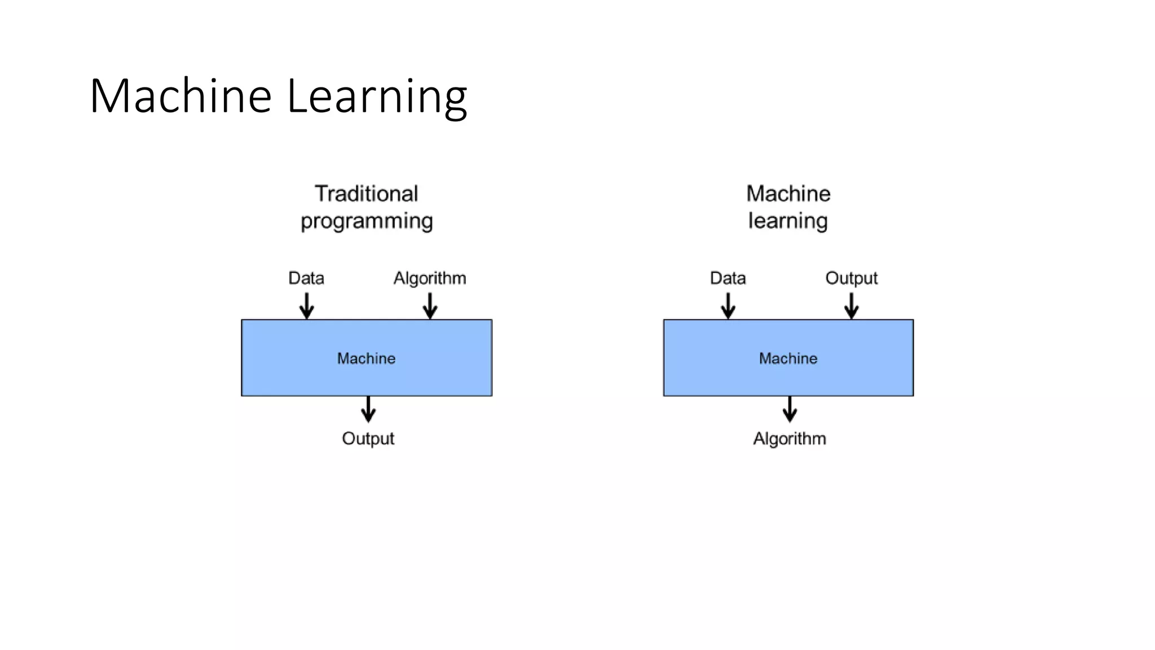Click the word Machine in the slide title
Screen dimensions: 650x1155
[180, 96]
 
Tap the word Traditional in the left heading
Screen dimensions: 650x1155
[367, 194]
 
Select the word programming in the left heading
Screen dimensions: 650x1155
[367, 221]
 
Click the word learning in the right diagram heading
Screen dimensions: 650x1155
[788, 221]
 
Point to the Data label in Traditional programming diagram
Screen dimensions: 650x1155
[306, 278]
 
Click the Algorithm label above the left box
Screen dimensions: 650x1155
[430, 278]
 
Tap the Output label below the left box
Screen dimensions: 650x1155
[368, 438]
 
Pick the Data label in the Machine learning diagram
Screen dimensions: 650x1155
[728, 278]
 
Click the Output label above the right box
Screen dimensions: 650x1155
[851, 278]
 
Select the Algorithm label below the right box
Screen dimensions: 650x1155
[790, 438]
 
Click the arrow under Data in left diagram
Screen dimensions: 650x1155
[307, 306]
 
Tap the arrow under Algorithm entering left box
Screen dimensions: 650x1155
[430, 306]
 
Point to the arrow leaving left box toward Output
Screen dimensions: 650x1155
[368, 410]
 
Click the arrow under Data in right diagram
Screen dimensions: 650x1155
[728, 306]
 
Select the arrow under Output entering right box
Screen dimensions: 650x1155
[852, 306]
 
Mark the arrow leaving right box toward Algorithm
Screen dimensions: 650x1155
[790, 410]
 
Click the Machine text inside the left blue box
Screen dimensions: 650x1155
[366, 358]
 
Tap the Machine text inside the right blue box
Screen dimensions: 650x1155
[788, 358]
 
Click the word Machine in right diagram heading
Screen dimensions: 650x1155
[788, 194]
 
